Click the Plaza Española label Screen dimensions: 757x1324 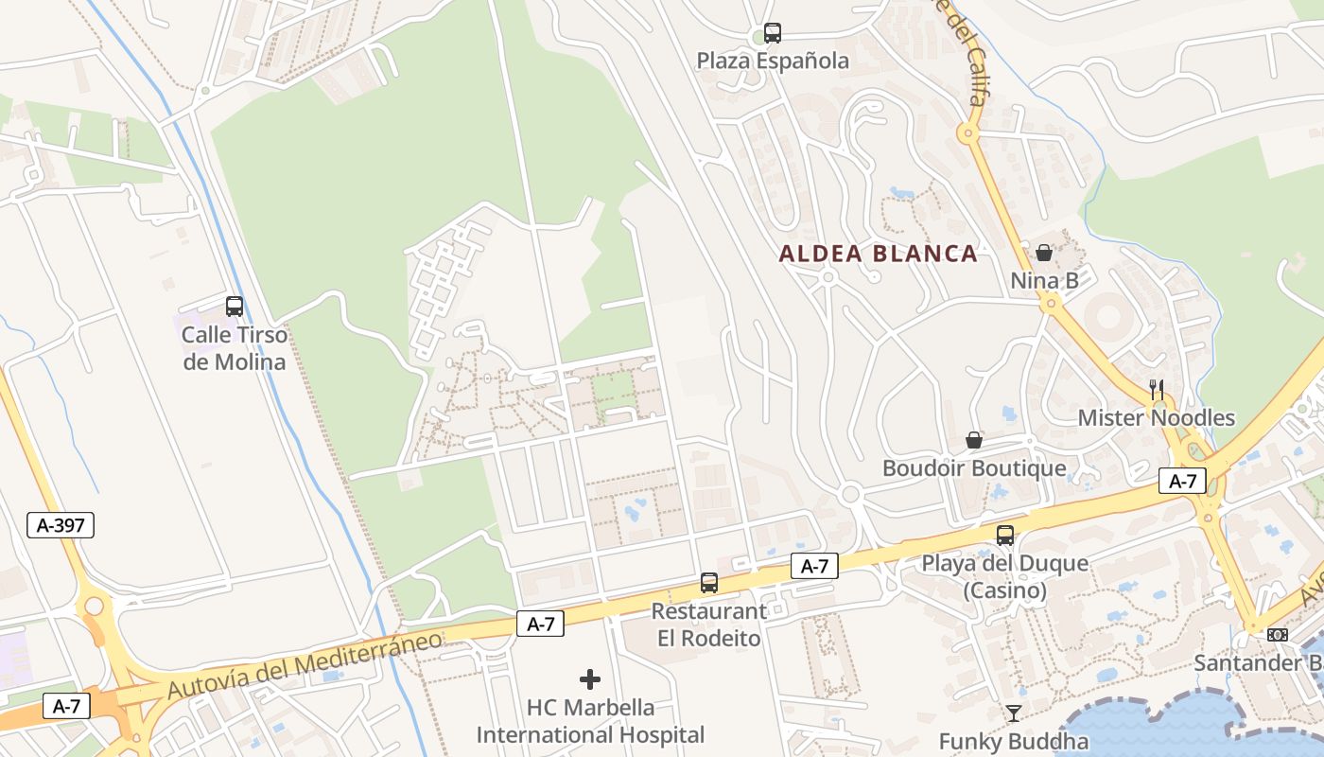click(x=773, y=62)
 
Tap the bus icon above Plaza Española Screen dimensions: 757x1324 click(x=773, y=33)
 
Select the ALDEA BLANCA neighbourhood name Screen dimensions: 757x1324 click(x=878, y=254)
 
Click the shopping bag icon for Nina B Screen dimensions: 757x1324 click(x=1044, y=253)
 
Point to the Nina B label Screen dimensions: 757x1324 click(x=1044, y=281)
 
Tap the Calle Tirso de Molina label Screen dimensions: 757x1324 click(x=234, y=348)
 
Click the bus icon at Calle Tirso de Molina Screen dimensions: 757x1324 click(x=234, y=307)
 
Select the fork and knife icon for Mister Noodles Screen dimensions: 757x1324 click(x=1156, y=389)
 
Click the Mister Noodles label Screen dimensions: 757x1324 click(x=1156, y=417)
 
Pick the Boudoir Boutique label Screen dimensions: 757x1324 click(x=974, y=468)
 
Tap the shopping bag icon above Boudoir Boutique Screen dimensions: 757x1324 click(x=974, y=440)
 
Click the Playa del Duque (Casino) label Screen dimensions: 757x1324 click(x=1004, y=577)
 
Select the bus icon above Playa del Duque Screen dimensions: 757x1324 click(x=1004, y=536)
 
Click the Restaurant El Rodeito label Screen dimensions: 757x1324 click(x=708, y=625)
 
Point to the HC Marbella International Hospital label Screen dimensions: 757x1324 click(x=590, y=721)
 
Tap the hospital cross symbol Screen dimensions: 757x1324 click(x=590, y=679)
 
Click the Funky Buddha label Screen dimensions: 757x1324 click(x=1013, y=742)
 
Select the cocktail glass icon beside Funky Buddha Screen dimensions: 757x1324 click(x=1014, y=713)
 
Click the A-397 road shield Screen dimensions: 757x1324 click(x=61, y=525)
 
